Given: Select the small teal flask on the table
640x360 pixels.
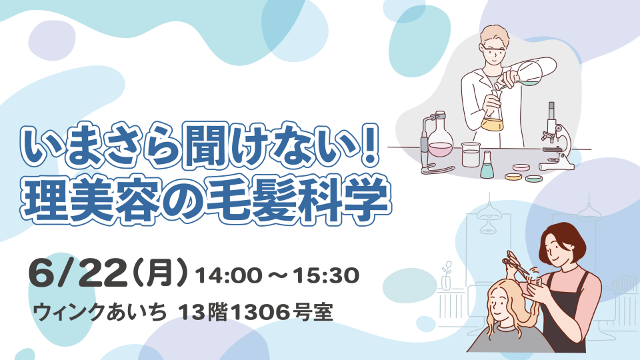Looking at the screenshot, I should coord(487,166).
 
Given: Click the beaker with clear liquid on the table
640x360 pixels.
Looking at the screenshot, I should coord(469,155).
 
